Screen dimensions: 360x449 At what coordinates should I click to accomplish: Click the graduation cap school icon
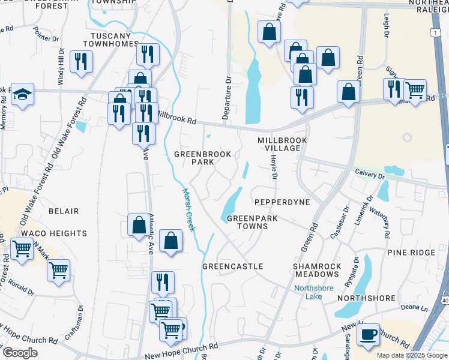tap(22, 95)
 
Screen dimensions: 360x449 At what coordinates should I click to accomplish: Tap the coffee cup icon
tap(368, 334)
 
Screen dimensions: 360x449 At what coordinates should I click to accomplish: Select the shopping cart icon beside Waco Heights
tap(22, 248)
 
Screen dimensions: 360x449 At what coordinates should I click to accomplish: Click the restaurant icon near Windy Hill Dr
tap(80, 61)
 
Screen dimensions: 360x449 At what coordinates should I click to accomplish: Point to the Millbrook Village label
tap(282, 144)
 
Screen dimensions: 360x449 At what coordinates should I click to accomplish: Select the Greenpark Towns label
tap(252, 223)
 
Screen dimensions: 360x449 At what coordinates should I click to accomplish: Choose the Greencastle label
tap(233, 266)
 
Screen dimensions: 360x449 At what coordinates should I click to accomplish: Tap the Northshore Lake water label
tap(313, 292)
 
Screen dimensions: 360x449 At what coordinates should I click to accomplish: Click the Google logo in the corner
tap(20, 353)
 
